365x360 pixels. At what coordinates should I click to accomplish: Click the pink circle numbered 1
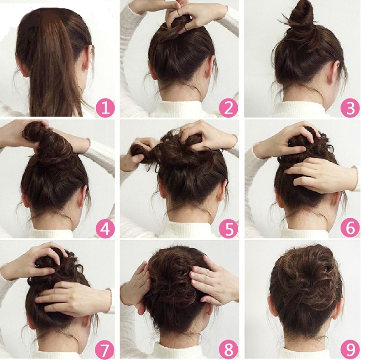click(105, 108)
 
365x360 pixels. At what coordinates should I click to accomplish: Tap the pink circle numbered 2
click(228, 108)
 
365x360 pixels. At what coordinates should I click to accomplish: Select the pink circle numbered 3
click(350, 108)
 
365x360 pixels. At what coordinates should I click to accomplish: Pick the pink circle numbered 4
click(105, 228)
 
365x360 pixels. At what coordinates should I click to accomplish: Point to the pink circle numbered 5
click(228, 228)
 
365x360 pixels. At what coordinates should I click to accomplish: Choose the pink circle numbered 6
click(350, 228)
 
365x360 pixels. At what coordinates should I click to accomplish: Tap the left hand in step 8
click(135, 286)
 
